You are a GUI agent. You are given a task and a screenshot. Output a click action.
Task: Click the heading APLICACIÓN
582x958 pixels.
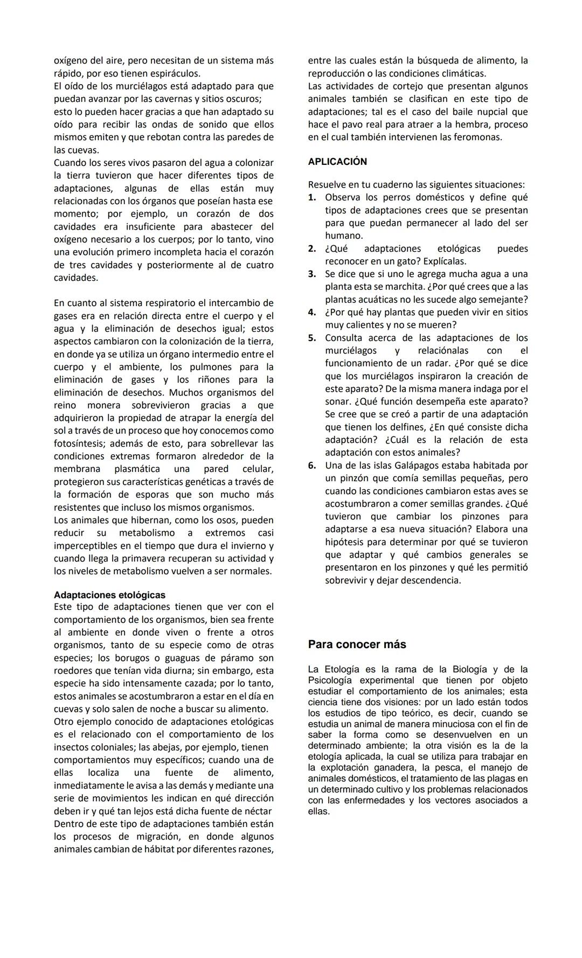point(337,162)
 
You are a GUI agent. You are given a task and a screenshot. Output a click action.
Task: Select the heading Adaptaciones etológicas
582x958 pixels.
point(109,595)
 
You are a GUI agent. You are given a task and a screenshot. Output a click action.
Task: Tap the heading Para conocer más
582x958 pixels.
point(357,644)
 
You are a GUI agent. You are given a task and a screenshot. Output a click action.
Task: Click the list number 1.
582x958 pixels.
point(311,198)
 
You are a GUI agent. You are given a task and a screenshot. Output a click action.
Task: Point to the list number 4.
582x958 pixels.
point(311,313)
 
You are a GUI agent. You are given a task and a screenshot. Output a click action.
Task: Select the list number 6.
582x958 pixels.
point(311,466)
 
